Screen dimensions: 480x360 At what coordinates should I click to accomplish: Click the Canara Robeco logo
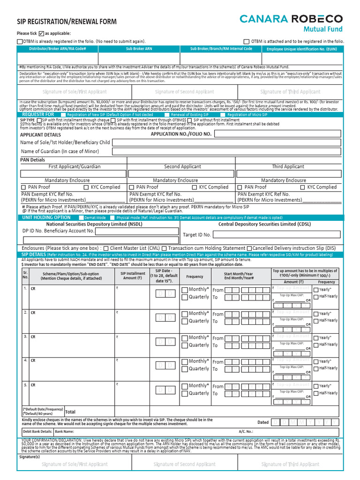pos(291,19)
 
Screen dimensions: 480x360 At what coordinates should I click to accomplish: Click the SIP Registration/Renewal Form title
pos(67,22)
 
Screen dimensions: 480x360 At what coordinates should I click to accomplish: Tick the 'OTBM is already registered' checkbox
pos(19,42)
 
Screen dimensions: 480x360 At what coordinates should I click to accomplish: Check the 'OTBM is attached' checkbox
pos(247,42)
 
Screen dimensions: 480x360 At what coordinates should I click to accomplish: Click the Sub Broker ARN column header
pos(139,49)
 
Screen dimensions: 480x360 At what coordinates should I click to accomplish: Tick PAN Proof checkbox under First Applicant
pos(23,187)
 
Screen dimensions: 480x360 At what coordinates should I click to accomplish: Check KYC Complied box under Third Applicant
pos(302,187)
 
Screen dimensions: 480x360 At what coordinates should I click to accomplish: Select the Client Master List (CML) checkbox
pos(106,248)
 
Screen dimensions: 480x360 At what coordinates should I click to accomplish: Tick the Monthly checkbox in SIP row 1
pos(185,290)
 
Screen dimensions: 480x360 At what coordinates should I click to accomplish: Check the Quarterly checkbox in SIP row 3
pos(185,345)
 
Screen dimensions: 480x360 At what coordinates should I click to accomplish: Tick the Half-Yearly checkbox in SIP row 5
pos(315,393)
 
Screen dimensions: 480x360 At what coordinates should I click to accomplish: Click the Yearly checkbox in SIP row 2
pos(315,314)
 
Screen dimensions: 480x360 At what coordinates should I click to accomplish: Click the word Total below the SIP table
pos(70,412)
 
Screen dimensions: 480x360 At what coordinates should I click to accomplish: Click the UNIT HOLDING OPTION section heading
pos(46,217)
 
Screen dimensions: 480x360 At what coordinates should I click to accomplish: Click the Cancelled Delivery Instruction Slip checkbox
pos(249,248)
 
